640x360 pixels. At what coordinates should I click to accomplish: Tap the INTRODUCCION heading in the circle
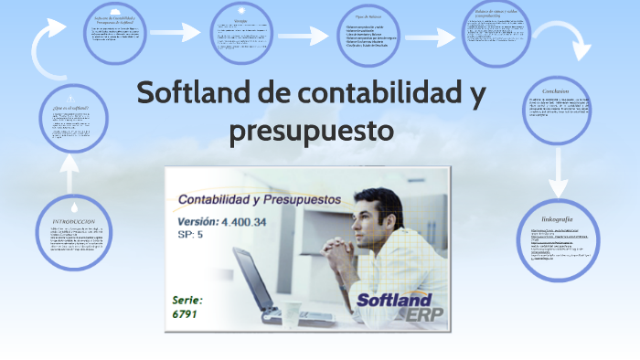(x=74, y=222)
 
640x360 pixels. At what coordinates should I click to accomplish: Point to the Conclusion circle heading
(x=555, y=90)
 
